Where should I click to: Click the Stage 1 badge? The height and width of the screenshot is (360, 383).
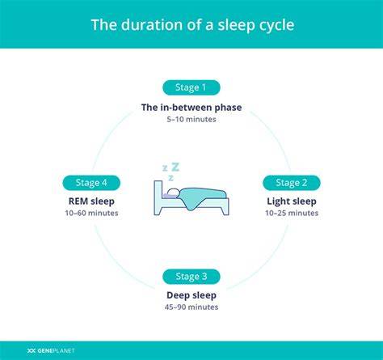(x=191, y=87)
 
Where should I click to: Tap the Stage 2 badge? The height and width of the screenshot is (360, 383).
(x=292, y=183)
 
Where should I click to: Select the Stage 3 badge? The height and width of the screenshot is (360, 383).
(x=191, y=277)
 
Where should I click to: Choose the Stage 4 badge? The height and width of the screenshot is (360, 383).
(x=91, y=183)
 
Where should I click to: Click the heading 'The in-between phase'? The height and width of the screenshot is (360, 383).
(x=191, y=108)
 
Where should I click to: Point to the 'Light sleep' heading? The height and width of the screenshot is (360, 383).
(x=292, y=201)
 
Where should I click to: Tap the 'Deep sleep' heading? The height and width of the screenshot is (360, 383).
(x=191, y=295)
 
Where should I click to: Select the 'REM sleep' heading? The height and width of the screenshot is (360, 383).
(x=91, y=201)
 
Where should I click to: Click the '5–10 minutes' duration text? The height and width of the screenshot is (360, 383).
(x=191, y=119)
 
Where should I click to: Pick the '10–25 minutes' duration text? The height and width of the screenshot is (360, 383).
(x=292, y=213)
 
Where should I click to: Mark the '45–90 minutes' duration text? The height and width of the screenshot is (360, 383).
(x=191, y=307)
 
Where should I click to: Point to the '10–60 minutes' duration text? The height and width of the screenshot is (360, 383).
(x=91, y=213)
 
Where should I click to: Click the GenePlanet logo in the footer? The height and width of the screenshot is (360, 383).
(x=51, y=350)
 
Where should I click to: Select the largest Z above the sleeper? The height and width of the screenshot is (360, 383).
(x=175, y=167)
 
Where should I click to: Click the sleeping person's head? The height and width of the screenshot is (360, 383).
(x=173, y=193)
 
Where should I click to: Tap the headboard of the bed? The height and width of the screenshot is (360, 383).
(x=158, y=197)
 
